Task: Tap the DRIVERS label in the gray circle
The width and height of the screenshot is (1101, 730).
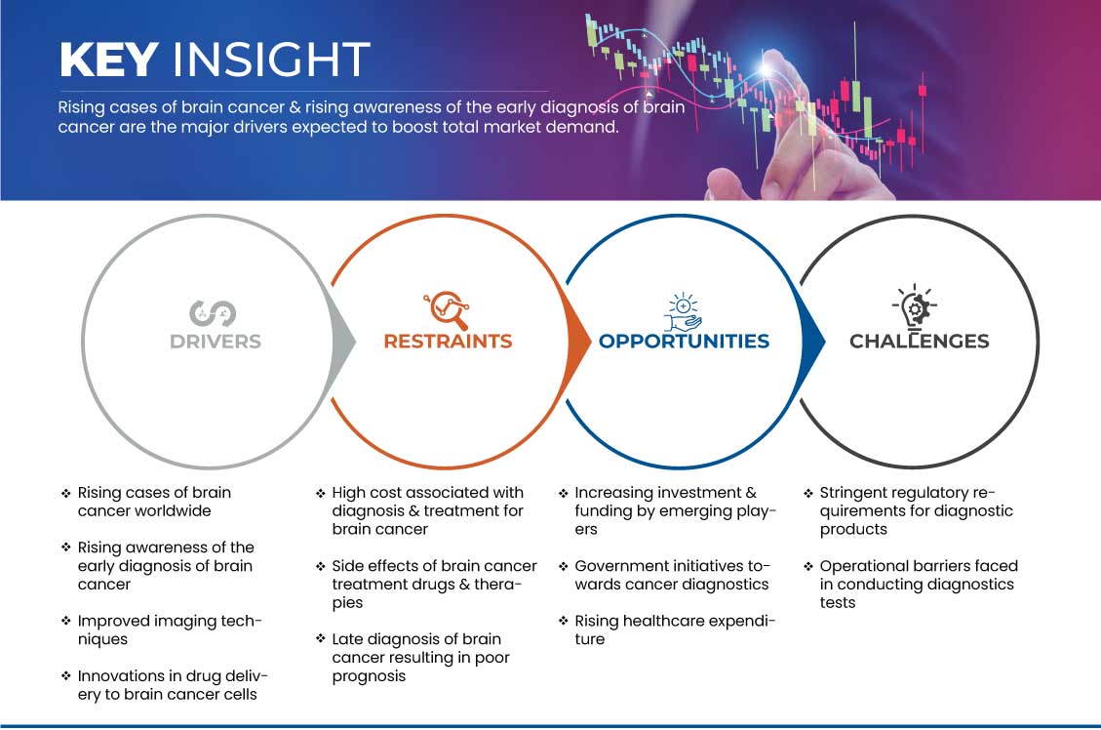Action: [x=216, y=342]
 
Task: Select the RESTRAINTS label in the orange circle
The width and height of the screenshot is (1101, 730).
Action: [x=448, y=342]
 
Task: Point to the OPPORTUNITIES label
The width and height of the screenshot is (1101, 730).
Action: [x=684, y=342]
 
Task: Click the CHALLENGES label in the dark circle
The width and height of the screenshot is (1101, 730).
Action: [x=920, y=342]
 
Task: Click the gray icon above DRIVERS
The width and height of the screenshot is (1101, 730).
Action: [x=213, y=313]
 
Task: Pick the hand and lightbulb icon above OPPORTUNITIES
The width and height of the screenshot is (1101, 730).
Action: [x=684, y=312]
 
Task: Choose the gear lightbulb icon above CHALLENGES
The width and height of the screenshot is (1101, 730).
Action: [x=915, y=306]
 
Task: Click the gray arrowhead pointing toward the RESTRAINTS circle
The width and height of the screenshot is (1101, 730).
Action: [x=344, y=342]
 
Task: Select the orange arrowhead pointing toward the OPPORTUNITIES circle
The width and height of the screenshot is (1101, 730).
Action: [x=578, y=342]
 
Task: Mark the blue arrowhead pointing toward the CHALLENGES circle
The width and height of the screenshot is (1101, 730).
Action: [x=813, y=342]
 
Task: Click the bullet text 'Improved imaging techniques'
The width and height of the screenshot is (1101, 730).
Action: [x=170, y=630]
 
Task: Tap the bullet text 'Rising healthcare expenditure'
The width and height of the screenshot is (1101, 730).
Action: [x=675, y=630]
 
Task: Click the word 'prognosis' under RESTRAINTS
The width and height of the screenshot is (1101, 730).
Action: [x=369, y=676]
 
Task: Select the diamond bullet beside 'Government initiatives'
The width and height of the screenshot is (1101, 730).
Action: [x=563, y=566]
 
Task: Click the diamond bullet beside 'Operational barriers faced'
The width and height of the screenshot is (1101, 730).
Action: [x=808, y=566]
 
